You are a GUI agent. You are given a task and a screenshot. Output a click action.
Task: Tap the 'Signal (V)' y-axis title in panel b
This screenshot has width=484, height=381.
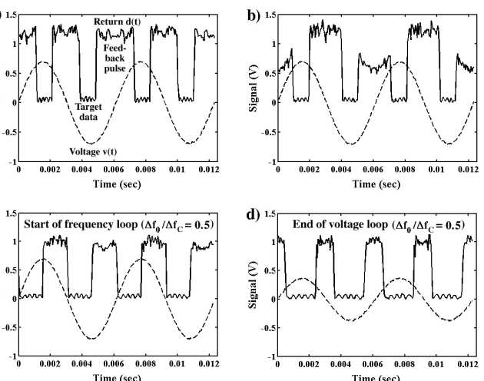point(251,88)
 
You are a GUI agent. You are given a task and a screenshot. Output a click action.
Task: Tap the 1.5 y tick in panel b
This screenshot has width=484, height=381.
point(270,15)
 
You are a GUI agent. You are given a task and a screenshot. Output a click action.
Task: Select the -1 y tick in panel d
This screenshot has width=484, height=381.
point(271,356)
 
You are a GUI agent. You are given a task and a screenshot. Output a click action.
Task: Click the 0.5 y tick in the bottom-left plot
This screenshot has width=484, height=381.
point(12,270)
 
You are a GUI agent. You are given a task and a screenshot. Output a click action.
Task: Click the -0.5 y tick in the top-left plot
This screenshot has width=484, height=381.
point(9,132)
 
